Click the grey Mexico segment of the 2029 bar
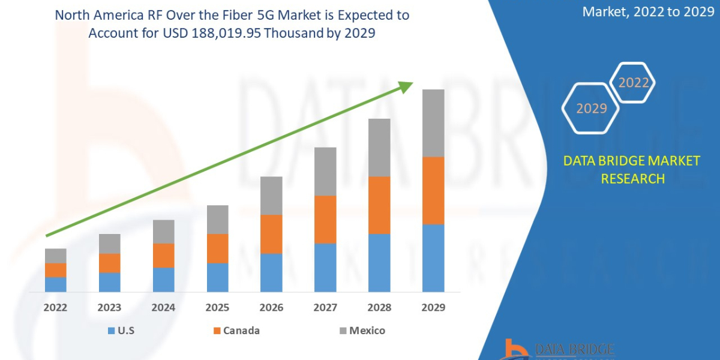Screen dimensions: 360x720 click(433, 123)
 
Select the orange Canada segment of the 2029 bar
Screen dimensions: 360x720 click(433, 190)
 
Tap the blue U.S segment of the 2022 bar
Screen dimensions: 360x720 click(56, 284)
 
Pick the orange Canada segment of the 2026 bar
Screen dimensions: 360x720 click(271, 234)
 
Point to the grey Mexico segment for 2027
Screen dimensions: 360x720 click(325, 171)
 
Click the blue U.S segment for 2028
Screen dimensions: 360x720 click(379, 263)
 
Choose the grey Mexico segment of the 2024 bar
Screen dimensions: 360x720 click(163, 232)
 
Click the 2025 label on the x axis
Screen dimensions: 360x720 click(217, 308)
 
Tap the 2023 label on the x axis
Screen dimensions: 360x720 click(109, 308)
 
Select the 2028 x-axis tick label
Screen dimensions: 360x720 click(379, 308)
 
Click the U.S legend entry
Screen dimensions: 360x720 click(123, 331)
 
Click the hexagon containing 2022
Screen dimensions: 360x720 click(633, 83)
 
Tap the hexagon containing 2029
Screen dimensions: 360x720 click(591, 109)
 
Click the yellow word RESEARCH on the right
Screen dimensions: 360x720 click(632, 178)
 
